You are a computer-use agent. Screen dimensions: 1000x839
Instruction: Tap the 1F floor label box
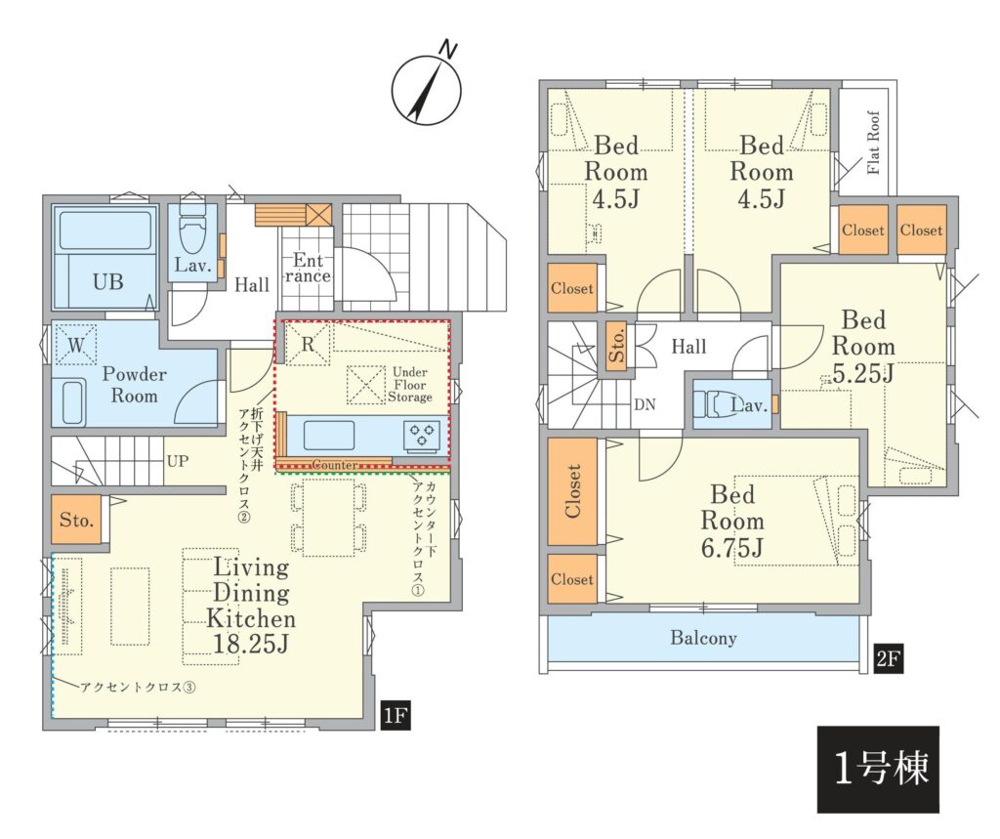(x=395, y=715)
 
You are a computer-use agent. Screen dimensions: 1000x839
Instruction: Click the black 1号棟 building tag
(x=878, y=769)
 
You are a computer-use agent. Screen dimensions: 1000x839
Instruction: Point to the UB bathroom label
(x=107, y=281)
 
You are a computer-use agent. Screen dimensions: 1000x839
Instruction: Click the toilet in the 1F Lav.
(x=192, y=228)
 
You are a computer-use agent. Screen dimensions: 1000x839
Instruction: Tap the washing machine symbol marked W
(x=76, y=345)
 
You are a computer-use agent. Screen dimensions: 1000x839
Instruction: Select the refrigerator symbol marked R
(x=308, y=345)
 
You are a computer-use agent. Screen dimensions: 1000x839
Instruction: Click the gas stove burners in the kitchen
(x=422, y=436)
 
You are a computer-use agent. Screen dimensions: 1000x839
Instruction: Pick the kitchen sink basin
(x=329, y=436)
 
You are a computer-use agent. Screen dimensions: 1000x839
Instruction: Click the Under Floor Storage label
(x=410, y=385)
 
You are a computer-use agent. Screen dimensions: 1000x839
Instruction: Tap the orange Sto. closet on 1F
(x=76, y=520)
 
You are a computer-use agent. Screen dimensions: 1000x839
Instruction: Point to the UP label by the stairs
(x=178, y=461)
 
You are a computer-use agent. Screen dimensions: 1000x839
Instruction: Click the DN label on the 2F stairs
(x=645, y=404)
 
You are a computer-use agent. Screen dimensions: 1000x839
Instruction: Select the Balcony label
(x=703, y=638)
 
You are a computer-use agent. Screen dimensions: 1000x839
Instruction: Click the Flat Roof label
(x=873, y=143)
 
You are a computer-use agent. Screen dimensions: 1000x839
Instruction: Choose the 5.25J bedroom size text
(x=862, y=373)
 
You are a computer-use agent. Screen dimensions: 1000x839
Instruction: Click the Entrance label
(x=308, y=269)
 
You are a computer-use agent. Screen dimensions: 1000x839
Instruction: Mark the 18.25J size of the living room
(x=251, y=644)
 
